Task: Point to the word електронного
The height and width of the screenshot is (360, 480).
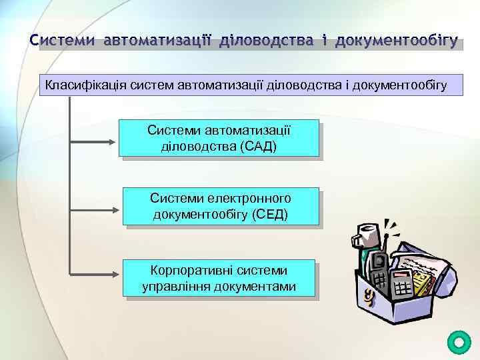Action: pos(250,198)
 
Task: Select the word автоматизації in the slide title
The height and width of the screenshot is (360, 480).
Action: pos(157,41)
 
